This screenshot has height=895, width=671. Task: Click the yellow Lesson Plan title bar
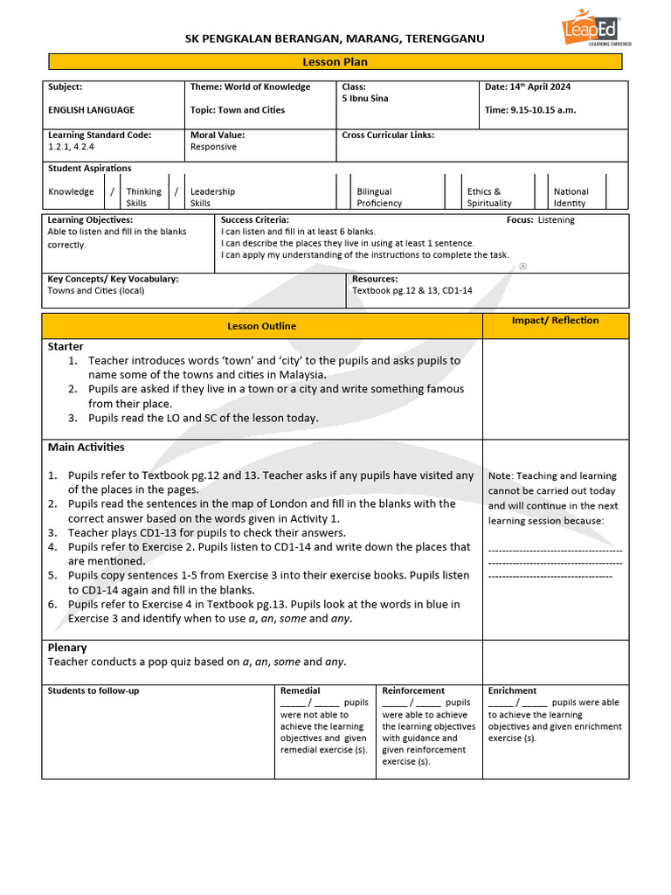tap(335, 62)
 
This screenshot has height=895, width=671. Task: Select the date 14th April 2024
tap(528, 87)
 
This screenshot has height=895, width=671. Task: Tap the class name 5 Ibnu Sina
tap(365, 99)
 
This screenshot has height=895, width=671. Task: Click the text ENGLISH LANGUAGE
tap(91, 110)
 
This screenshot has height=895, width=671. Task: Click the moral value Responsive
tap(213, 147)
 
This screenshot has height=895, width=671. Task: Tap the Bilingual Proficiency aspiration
tap(379, 198)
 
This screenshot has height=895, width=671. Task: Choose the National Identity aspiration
tap(571, 198)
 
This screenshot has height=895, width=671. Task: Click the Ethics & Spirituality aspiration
tap(489, 198)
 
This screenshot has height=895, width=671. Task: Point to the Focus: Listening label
tap(540, 220)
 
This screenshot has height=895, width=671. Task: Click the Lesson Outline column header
tap(261, 326)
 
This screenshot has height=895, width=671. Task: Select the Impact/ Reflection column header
tap(555, 321)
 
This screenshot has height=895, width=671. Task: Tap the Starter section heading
tap(66, 347)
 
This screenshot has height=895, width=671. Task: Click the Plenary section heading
tap(67, 648)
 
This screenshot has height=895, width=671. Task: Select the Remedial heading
tap(300, 690)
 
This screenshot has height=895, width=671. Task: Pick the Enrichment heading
tap(512, 690)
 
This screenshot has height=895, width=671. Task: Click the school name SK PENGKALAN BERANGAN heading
tap(335, 39)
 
